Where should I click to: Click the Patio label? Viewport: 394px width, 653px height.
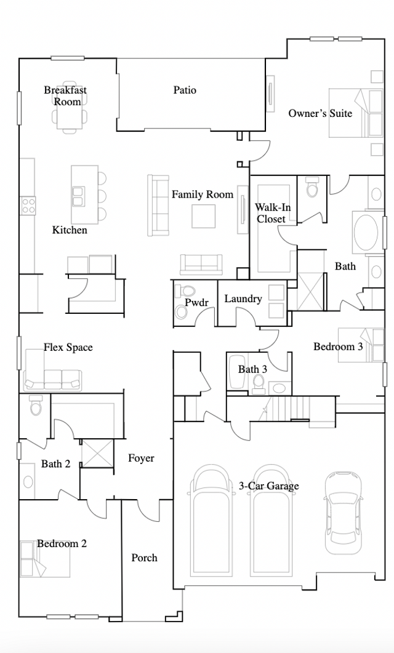pyautogui.click(x=185, y=90)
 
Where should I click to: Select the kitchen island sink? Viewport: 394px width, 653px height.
pyautogui.click(x=78, y=196)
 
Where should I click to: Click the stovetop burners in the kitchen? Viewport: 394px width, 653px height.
pyautogui.click(x=28, y=206)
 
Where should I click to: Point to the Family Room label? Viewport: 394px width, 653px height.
pyautogui.click(x=203, y=194)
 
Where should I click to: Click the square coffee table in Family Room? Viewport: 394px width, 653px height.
pyautogui.click(x=204, y=216)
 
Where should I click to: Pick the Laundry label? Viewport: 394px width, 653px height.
pyautogui.click(x=243, y=298)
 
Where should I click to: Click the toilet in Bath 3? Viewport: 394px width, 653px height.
pyautogui.click(x=259, y=383)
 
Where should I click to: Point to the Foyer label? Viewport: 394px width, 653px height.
pyautogui.click(x=141, y=458)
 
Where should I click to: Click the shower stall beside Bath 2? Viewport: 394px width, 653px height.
pyautogui.click(x=97, y=453)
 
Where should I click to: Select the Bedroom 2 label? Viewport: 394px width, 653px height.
pyautogui.click(x=62, y=543)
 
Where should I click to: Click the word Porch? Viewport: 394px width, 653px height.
pyautogui.click(x=145, y=558)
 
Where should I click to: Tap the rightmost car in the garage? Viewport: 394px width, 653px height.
pyautogui.click(x=342, y=513)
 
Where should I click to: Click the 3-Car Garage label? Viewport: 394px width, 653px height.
pyautogui.click(x=268, y=486)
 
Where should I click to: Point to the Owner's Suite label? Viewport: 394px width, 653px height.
pyautogui.click(x=320, y=113)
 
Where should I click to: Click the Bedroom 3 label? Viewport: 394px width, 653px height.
pyautogui.click(x=338, y=347)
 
